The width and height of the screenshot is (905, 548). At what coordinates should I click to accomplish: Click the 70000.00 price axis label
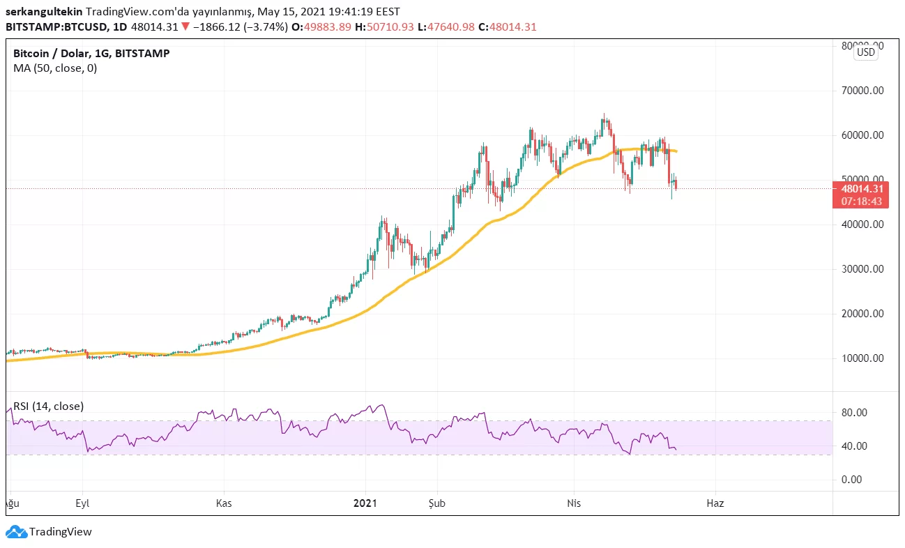[862, 90]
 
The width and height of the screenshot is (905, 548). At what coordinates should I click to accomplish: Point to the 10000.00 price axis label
[862, 358]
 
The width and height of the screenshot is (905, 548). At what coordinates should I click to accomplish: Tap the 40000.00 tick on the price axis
[862, 224]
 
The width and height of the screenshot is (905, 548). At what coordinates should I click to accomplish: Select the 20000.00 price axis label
[862, 314]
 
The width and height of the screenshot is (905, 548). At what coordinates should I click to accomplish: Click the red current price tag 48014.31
[862, 188]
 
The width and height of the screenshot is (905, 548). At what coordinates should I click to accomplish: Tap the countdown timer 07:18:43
[862, 201]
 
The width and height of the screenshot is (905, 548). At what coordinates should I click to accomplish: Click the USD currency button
[866, 52]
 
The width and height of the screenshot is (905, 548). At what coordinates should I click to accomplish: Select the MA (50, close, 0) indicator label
[55, 68]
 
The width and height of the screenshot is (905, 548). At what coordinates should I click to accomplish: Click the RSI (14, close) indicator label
[48, 406]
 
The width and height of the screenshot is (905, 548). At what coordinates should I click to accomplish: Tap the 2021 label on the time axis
[365, 503]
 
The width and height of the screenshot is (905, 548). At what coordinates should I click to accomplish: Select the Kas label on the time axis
[224, 503]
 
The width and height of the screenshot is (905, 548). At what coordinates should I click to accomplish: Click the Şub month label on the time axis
[437, 503]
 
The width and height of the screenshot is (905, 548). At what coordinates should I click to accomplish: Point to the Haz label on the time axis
[715, 503]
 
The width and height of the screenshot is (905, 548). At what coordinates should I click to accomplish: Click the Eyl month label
[83, 503]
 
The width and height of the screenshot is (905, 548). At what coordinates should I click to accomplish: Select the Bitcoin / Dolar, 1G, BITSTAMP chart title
[91, 53]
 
